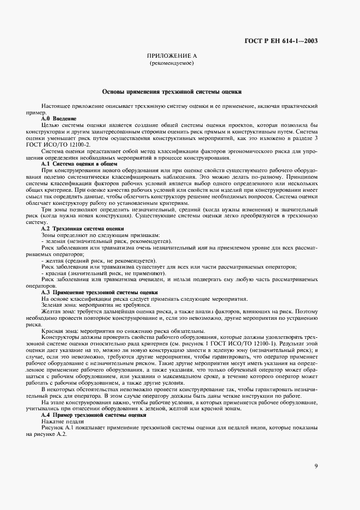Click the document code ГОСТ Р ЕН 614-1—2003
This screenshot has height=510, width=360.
click(x=289, y=41)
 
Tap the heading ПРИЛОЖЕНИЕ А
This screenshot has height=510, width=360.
click(x=172, y=56)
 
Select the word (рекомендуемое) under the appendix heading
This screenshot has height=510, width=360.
click(x=172, y=64)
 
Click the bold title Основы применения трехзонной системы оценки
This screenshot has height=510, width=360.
click(x=172, y=92)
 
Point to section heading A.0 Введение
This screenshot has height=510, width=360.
click(x=59, y=118)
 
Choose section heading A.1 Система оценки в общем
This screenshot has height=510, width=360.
click(x=78, y=163)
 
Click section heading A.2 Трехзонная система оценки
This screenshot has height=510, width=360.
click(x=82, y=228)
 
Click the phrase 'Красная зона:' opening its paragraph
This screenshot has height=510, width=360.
click(x=59, y=331)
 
